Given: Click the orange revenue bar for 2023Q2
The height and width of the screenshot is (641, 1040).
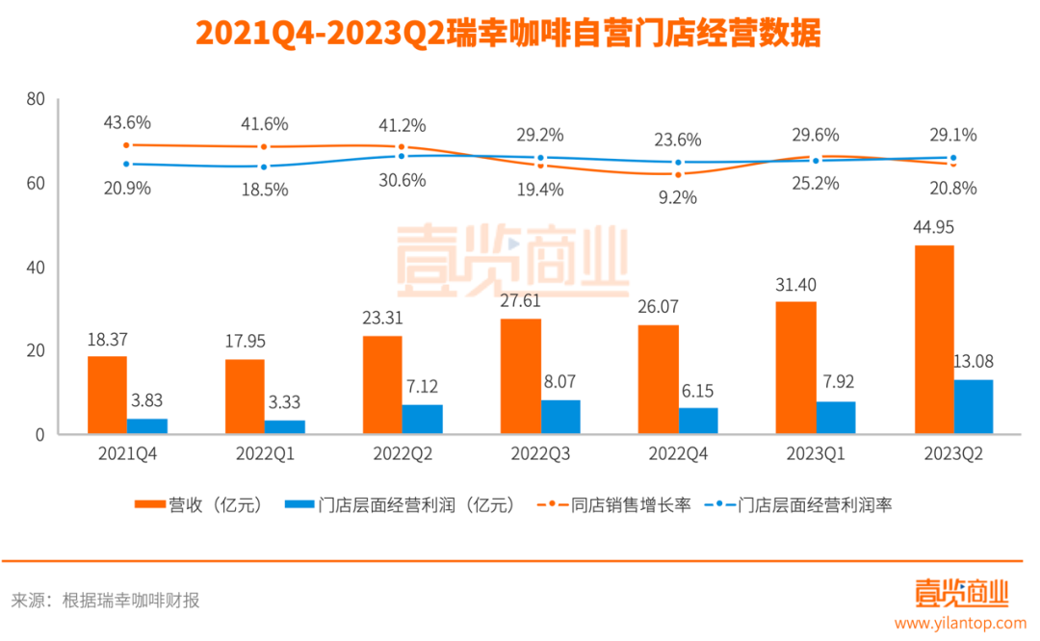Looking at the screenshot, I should point(934,340).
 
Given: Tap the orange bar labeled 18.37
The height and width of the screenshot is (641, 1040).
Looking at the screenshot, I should point(107,396).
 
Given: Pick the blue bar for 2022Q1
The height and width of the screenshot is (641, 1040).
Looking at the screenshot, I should point(285,427).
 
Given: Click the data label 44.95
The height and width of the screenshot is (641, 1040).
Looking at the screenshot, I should point(934,227).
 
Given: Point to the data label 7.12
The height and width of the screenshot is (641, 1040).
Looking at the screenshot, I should point(423,386).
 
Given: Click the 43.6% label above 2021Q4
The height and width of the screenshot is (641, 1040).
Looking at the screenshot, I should point(127,123).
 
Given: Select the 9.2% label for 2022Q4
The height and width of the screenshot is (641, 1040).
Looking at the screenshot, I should point(678,197).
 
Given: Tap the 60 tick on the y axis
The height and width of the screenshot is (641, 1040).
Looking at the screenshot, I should point(36,183).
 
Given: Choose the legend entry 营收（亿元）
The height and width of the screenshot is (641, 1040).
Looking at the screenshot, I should point(198,503).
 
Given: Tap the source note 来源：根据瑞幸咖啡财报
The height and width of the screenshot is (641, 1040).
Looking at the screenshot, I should point(106,601).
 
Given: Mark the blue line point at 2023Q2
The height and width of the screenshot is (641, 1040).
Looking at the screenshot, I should point(953,158).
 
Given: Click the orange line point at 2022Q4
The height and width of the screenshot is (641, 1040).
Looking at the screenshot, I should point(678,174).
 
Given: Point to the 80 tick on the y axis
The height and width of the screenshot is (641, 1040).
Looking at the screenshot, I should point(36,98).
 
